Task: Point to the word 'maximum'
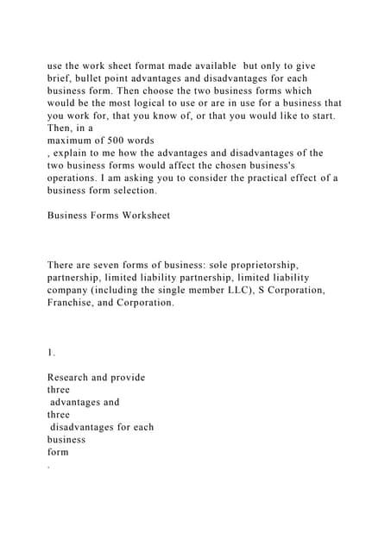pyautogui.click(x=73, y=140)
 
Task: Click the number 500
pyautogui.click(x=127, y=140)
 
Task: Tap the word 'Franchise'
pyautogui.click(x=73, y=303)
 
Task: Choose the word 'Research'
pyautogui.click(x=72, y=377)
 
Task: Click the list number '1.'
pyautogui.click(x=51, y=352)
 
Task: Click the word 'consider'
pyautogui.click(x=193, y=178)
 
